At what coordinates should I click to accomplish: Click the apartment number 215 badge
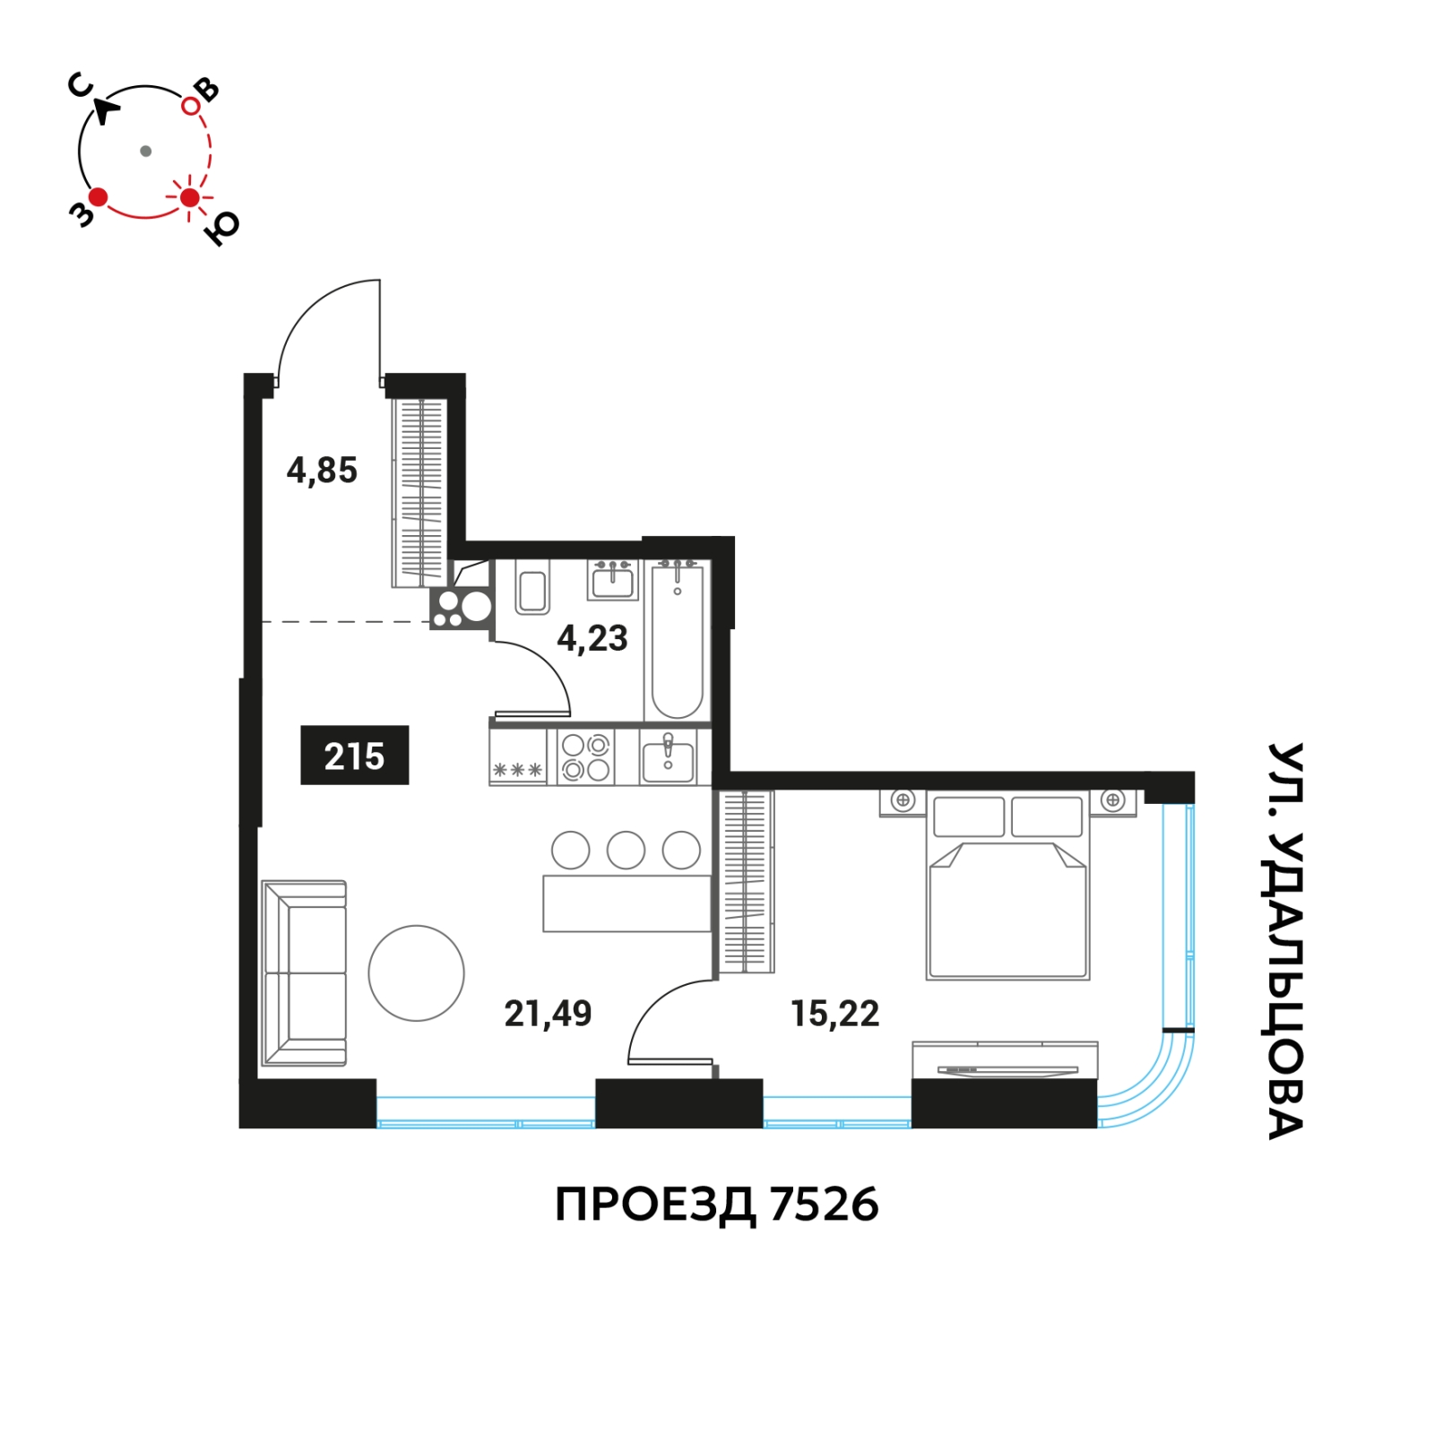pyautogui.click(x=354, y=755)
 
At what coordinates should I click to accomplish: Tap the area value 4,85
pyautogui.click(x=322, y=471)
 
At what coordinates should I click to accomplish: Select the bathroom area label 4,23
pyautogui.click(x=592, y=638)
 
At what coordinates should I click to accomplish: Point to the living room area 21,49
pyautogui.click(x=548, y=1014)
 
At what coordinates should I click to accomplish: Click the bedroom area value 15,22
pyautogui.click(x=835, y=1014)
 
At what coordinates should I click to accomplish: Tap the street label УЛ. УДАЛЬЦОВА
pyautogui.click(x=1285, y=940)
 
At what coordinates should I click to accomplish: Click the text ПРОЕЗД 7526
pyautogui.click(x=717, y=1205)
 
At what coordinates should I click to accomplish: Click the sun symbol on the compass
pyautogui.click(x=189, y=197)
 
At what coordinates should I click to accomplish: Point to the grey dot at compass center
pyautogui.click(x=146, y=151)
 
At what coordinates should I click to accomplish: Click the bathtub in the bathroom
pyautogui.click(x=677, y=639)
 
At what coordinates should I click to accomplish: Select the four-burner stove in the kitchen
pyautogui.click(x=586, y=757)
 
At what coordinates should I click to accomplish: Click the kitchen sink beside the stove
pyautogui.click(x=668, y=757)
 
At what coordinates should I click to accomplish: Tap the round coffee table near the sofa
pyautogui.click(x=416, y=972)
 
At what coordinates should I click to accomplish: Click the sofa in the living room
pyautogui.click(x=304, y=973)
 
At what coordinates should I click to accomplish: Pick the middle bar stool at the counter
pyautogui.click(x=626, y=850)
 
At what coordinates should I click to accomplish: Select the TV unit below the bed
pyautogui.click(x=1005, y=1060)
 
